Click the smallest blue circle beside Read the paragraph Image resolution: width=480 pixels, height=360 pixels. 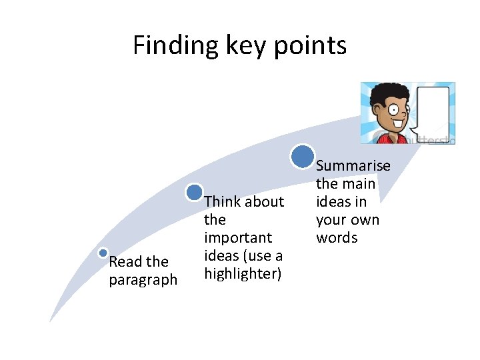pyautogui.click(x=103, y=253)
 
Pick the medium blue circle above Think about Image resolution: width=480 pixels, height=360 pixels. pyautogui.click(x=195, y=193)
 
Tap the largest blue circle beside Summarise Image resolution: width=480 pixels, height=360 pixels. pyautogui.click(x=303, y=156)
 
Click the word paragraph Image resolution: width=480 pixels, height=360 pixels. pyautogui.click(x=143, y=279)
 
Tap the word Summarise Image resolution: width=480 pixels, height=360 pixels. pyautogui.click(x=353, y=165)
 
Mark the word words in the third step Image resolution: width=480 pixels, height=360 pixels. pyautogui.click(x=337, y=238)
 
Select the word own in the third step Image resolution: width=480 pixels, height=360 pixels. pyautogui.click(x=365, y=220)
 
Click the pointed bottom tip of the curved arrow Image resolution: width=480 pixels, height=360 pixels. pyautogui.click(x=51, y=322)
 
